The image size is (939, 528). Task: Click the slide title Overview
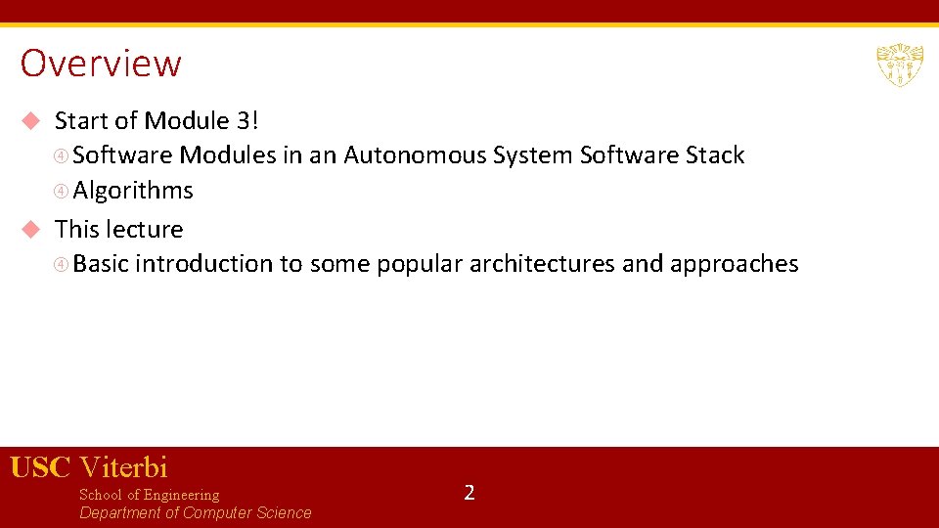[x=101, y=64]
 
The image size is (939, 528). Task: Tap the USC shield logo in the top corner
[x=899, y=65]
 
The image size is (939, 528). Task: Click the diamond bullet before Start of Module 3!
[x=31, y=121]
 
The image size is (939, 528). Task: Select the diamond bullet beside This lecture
[x=31, y=230]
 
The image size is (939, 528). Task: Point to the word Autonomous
[x=415, y=155]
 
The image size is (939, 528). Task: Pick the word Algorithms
[x=133, y=191]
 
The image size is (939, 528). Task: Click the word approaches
[x=734, y=264]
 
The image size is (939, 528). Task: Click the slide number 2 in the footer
[x=469, y=492]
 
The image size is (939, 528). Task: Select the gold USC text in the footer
[x=40, y=467]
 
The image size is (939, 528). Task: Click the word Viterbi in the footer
[x=123, y=467]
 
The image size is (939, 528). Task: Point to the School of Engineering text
[x=149, y=495]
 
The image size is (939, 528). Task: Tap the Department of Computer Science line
[x=195, y=513]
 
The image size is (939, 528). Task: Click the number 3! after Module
[x=247, y=121]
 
